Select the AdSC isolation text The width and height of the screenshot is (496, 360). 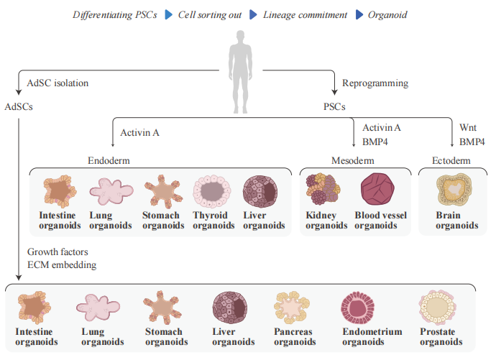pyautogui.click(x=58, y=83)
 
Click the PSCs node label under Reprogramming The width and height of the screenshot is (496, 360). pyautogui.click(x=334, y=107)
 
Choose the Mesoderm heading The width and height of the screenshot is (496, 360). pyautogui.click(x=353, y=160)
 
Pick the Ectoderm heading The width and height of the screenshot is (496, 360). pyautogui.click(x=451, y=160)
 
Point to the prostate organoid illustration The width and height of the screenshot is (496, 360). pyautogui.click(x=439, y=308)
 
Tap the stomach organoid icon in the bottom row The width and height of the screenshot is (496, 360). pyautogui.click(x=163, y=308)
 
